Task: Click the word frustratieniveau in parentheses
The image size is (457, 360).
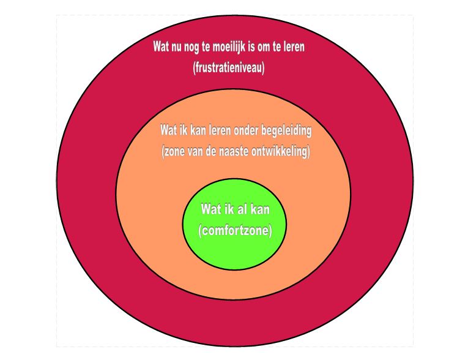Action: pos(229,68)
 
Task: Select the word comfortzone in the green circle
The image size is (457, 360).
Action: pos(235,230)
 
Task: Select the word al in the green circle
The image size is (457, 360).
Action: pos(240,209)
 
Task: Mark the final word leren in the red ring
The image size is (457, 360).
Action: pos(294,47)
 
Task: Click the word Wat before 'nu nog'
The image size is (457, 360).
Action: pos(161,47)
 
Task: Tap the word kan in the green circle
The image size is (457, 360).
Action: pos(259,209)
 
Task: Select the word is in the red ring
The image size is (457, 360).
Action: pos(251,47)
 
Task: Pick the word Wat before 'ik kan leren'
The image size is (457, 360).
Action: pos(168,130)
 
